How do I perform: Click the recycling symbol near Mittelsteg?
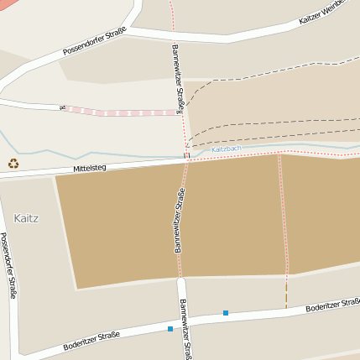click(13, 164)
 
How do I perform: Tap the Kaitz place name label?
click(27, 218)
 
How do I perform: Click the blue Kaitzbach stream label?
click(225, 149)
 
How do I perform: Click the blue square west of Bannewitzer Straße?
click(170, 329)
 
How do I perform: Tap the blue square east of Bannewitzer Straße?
click(225, 313)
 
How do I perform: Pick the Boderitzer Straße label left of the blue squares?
click(91, 341)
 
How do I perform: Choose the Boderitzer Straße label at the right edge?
click(334, 305)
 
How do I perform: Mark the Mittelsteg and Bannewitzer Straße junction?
click(186, 161)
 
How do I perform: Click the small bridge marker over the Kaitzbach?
click(186, 154)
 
